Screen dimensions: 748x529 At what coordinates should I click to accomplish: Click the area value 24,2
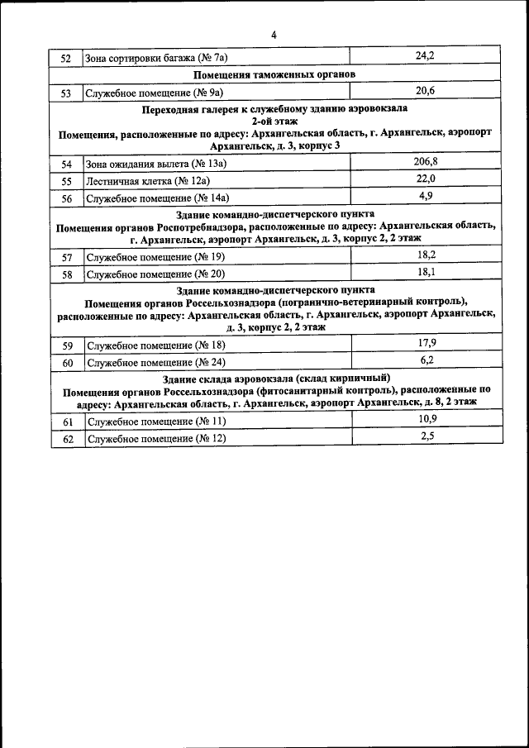coord(425,56)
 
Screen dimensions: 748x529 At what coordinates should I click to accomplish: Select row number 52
coord(67,58)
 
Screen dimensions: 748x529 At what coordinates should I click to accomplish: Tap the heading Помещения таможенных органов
coord(274,74)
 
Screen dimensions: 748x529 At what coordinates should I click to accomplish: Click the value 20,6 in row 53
coord(425,91)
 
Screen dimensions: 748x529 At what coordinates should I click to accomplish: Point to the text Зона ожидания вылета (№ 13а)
coord(156,164)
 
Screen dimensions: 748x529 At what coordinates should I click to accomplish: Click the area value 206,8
coord(426,162)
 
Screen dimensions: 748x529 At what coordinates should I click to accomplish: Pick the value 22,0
coord(426,179)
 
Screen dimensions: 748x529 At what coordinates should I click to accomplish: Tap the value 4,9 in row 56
coord(426,195)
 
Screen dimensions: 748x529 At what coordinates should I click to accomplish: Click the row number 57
coord(67,258)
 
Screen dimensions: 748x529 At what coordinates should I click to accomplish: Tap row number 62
coord(67,439)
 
